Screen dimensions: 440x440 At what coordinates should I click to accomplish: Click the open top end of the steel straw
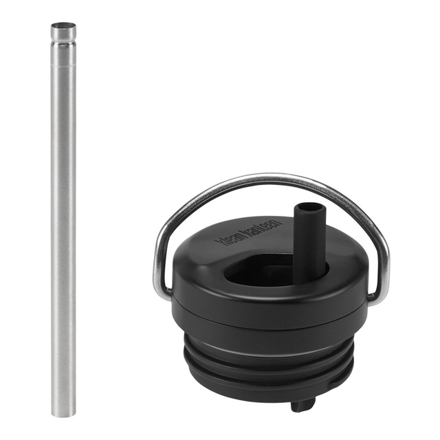(x=63, y=26)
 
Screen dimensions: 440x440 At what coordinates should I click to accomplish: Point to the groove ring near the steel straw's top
(x=63, y=42)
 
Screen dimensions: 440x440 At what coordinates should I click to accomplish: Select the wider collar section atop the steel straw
(x=63, y=33)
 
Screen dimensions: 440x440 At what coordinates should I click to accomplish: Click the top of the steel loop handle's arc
(x=270, y=177)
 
